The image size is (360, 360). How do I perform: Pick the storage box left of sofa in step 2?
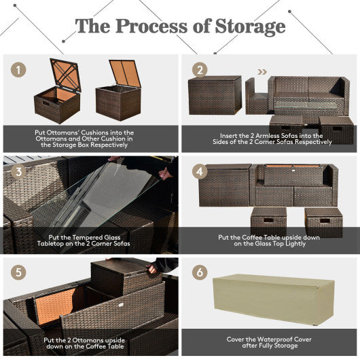(x=215, y=95)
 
